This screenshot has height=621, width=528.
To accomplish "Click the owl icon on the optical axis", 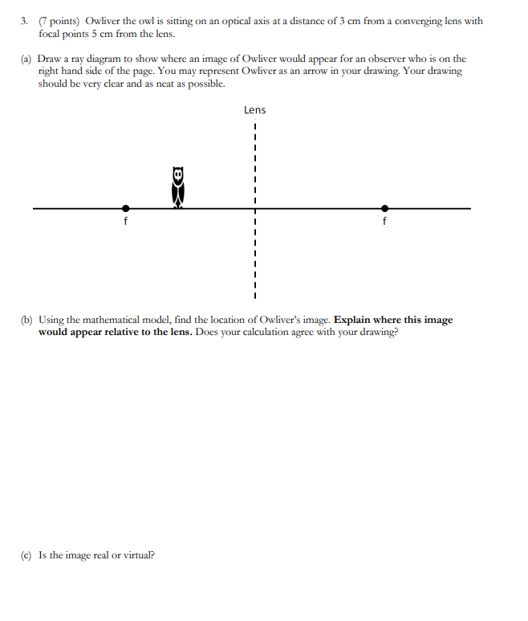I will (178, 188).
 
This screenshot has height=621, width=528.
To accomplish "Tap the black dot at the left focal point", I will (124, 208).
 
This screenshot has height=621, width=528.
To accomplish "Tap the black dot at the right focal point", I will (385, 208).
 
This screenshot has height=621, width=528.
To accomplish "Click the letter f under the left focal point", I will (124, 220).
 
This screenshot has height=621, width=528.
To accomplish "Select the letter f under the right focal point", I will (385, 220).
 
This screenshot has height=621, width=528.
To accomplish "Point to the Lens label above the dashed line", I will (254, 110).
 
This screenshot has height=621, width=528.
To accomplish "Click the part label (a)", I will (26, 59).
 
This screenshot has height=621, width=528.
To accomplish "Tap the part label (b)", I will (26, 320).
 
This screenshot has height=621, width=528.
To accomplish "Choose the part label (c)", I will (26, 554).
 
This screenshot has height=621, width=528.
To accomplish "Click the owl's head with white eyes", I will (178, 174).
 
